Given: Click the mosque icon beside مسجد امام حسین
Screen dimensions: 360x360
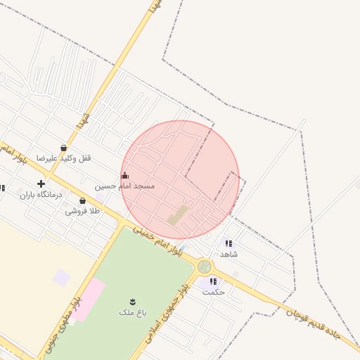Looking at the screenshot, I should pyautogui.click(x=125, y=176).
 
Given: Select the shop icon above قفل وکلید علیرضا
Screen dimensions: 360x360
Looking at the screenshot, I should pyautogui.click(x=64, y=148).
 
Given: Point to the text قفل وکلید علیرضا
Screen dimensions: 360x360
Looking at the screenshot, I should pyautogui.click(x=64, y=158).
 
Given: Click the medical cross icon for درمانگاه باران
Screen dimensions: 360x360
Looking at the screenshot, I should pyautogui.click(x=41, y=184).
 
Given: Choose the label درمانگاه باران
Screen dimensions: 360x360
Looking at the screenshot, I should pyautogui.click(x=41, y=194).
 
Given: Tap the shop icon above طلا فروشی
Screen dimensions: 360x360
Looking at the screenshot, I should pyautogui.click(x=82, y=201).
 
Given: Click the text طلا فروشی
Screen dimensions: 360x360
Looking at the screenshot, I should pyautogui.click(x=83, y=211).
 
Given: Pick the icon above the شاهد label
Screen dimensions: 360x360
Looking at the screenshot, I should pyautogui.click(x=228, y=243).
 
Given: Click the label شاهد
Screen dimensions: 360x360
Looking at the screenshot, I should pyautogui.click(x=229, y=253).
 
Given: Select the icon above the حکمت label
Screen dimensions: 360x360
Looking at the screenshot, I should pyautogui.click(x=213, y=281).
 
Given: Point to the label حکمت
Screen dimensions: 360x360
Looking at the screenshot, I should pyautogui.click(x=213, y=291).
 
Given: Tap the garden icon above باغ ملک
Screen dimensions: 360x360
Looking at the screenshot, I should pyautogui.click(x=133, y=302).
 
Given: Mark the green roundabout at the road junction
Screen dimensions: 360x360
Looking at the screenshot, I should pyautogui.click(x=205, y=266).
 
